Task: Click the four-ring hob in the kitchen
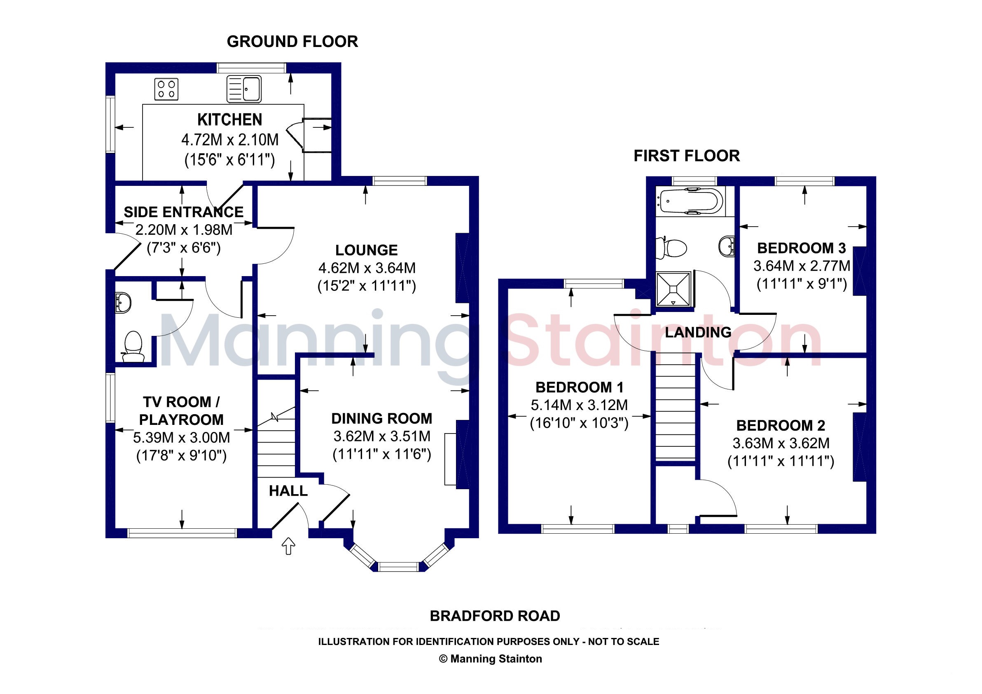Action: (x=166, y=89)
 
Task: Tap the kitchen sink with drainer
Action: (x=244, y=89)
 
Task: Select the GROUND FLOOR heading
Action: (x=292, y=42)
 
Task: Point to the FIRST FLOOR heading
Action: (x=687, y=156)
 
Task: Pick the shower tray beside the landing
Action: (x=673, y=289)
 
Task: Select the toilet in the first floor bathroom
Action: (x=671, y=248)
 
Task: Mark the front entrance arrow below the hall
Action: (x=289, y=546)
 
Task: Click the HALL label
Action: (x=288, y=491)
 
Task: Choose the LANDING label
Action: (x=698, y=332)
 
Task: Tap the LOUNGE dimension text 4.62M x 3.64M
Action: (x=367, y=268)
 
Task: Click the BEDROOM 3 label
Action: (x=802, y=248)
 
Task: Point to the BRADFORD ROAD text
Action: (x=495, y=616)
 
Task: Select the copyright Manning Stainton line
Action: (x=491, y=659)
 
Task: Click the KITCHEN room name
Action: (x=230, y=120)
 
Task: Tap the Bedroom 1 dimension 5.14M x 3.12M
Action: (x=579, y=405)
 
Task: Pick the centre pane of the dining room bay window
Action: (x=399, y=567)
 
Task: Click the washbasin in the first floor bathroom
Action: (x=727, y=246)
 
